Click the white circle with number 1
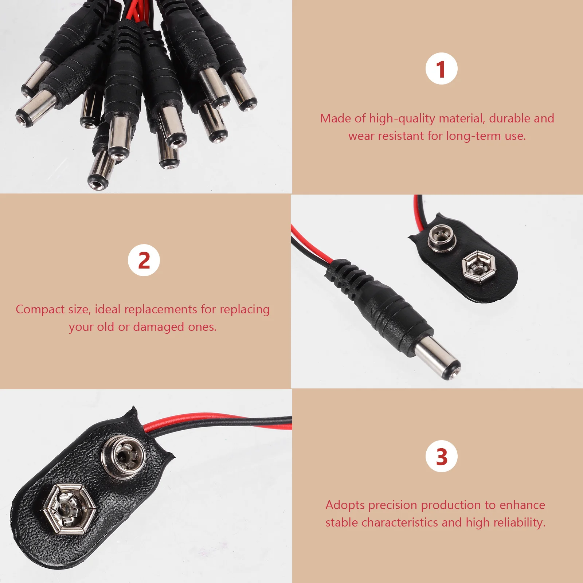441,69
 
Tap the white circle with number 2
144,260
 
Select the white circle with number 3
441,456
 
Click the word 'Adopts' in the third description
345,505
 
